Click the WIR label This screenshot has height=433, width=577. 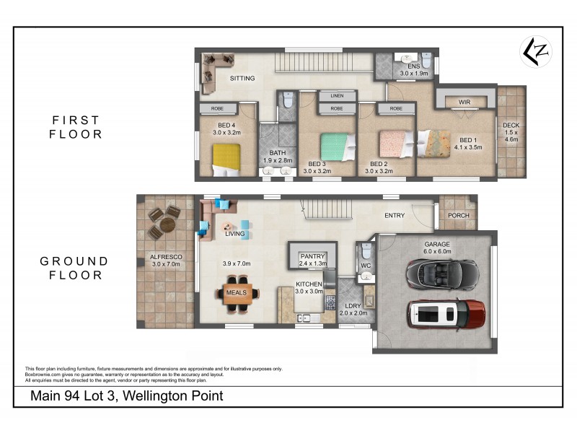tap(464, 102)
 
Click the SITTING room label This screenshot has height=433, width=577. tap(243, 79)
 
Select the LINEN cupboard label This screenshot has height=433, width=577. tap(336, 96)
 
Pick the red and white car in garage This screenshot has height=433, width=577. tap(446, 315)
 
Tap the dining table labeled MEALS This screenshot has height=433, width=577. tap(237, 293)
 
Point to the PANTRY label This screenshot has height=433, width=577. tap(312, 256)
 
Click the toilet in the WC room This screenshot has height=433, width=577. tap(366, 253)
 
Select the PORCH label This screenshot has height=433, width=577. tap(458, 215)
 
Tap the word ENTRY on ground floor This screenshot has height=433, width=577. tap(394, 215)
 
